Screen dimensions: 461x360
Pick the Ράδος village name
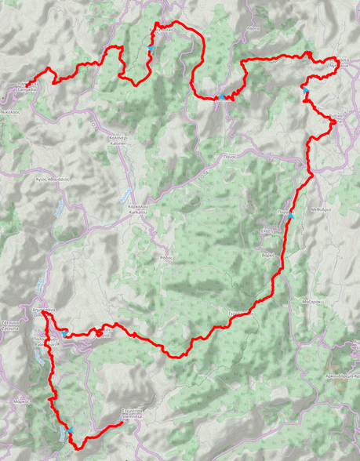[x=165, y=257]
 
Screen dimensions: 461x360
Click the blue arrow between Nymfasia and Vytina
[x=306, y=93]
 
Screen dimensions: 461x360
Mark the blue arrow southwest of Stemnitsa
[x=71, y=431]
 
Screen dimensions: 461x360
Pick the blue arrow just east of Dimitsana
[x=63, y=332]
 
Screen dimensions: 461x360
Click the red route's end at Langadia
[x=27, y=84]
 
